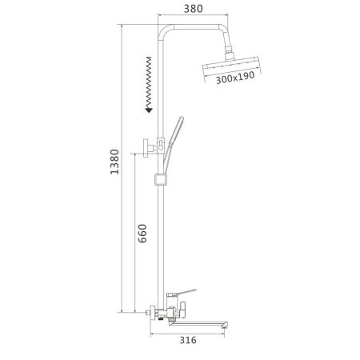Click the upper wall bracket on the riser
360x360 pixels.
(150, 146)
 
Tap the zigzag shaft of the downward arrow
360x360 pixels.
(150, 84)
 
